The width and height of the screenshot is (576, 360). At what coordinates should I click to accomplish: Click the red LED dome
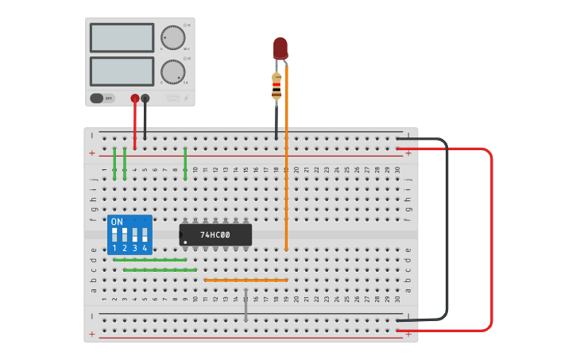280,47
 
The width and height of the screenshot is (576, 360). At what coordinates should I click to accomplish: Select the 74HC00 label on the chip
215,235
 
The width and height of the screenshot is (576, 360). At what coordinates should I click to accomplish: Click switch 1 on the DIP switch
115,235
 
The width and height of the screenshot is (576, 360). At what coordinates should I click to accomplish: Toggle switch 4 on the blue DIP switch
145,235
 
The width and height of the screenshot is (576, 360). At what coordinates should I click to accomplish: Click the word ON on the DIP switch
117,221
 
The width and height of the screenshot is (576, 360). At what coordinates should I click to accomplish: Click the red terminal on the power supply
135,99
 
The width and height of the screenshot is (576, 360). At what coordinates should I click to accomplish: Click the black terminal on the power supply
145,99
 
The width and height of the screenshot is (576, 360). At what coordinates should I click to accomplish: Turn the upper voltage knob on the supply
172,37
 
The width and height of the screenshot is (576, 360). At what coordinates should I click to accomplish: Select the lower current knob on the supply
172,72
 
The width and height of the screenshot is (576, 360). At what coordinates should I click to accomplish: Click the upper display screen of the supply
122,37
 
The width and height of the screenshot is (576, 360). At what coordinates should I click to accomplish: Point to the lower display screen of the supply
122,71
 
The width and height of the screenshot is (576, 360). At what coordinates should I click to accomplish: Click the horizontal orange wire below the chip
245,280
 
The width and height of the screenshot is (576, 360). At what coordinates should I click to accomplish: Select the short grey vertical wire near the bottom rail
246,305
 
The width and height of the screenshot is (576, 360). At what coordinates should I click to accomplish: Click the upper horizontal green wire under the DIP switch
150,260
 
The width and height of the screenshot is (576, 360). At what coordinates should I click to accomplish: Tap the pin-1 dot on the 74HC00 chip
185,242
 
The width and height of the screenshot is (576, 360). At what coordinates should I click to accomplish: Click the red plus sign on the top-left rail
92,153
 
